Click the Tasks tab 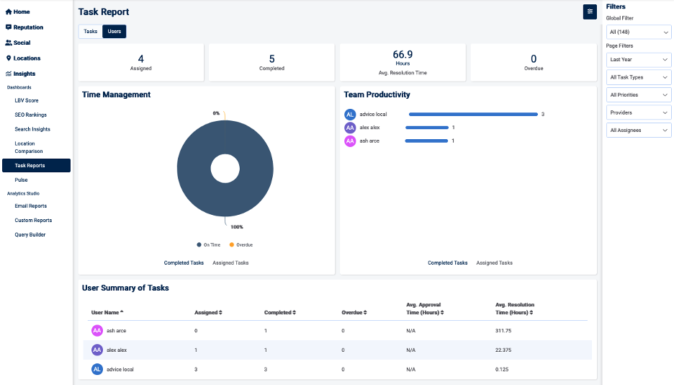coord(90,32)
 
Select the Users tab coord(114,32)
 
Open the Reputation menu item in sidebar coord(28,27)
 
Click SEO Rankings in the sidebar coord(31,115)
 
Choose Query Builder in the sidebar coord(31,234)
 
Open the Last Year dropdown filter coord(638,60)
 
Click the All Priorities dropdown coord(638,95)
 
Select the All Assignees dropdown coord(638,130)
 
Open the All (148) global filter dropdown coord(638,32)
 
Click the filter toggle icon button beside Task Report coord(590,12)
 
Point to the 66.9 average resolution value coord(403,54)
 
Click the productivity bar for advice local coord(473,114)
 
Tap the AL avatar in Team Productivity coord(350,114)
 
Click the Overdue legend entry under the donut coord(241,245)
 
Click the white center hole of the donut coord(225,169)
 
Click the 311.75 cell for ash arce coord(503,331)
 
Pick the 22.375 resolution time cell coord(503,350)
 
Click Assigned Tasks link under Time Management coord(230,263)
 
